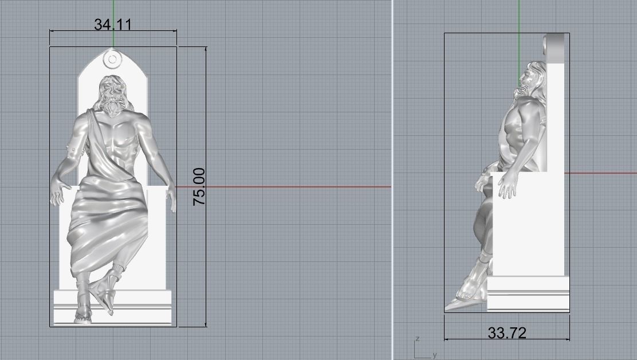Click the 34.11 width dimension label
pos(113,25)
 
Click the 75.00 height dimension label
pos(199,187)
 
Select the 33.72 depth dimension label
pos(507,332)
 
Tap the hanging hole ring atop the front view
pos(113,58)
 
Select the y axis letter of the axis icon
pos(435,355)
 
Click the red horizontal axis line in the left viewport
pos(286,187)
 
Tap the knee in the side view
pos(481,183)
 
